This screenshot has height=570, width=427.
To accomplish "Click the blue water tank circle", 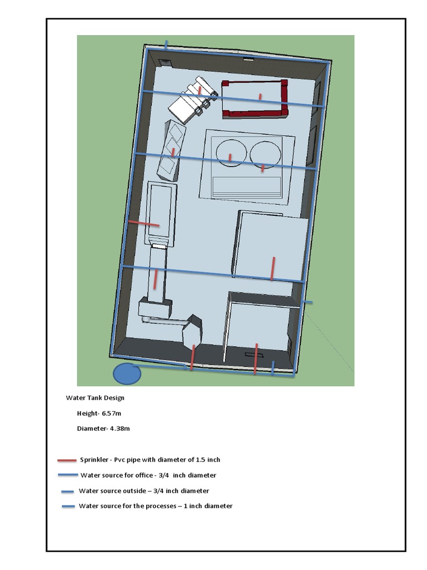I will point(127,374).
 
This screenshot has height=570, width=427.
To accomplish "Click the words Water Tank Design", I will point(95,398).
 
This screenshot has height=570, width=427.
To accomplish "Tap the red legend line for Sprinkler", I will point(67,460).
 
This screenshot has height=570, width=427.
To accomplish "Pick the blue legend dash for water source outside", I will point(68,492).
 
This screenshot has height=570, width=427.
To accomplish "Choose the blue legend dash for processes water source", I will point(68,507).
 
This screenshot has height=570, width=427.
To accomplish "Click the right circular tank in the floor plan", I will point(265,154).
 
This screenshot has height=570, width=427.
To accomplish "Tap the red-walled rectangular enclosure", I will point(255,99).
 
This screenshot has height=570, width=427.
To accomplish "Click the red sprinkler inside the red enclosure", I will point(260,97).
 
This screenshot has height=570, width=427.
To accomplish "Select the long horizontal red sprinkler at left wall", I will point(143,224).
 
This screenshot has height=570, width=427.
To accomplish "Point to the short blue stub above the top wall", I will point(166,44).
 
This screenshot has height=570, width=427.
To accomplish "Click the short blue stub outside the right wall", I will point(307,302).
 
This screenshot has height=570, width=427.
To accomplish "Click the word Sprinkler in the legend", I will point(94,460).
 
